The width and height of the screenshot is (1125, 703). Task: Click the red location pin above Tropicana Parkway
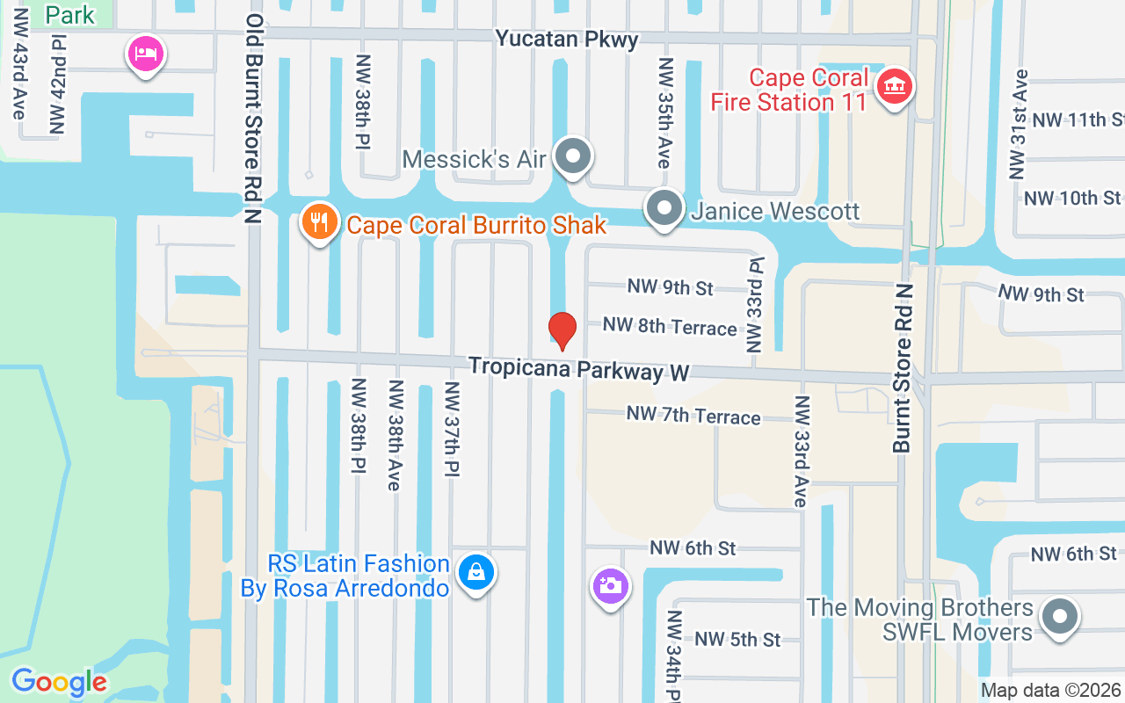(x=562, y=330)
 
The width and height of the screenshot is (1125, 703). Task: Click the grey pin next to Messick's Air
(x=574, y=157)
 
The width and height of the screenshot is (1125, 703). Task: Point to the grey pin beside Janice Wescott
(x=664, y=209)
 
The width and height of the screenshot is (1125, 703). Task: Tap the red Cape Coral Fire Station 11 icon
(x=895, y=87)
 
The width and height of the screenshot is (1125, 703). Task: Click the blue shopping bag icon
(x=476, y=573)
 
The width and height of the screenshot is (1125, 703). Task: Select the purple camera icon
(x=610, y=585)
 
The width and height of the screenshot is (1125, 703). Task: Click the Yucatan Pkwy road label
(x=566, y=39)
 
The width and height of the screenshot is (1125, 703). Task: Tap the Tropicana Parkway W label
(x=578, y=369)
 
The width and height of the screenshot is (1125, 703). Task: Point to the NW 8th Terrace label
(x=670, y=327)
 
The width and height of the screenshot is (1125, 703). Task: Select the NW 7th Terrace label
(x=693, y=415)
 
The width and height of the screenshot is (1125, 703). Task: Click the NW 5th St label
(x=737, y=639)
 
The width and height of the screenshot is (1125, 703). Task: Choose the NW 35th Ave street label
(x=665, y=112)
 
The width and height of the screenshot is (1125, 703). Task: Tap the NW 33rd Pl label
(x=753, y=304)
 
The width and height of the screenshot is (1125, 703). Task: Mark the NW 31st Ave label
(x=1019, y=123)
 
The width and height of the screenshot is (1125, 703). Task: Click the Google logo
(x=60, y=682)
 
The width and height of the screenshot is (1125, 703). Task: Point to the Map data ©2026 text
(x=1050, y=690)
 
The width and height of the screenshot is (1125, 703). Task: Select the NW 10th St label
(x=1072, y=198)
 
